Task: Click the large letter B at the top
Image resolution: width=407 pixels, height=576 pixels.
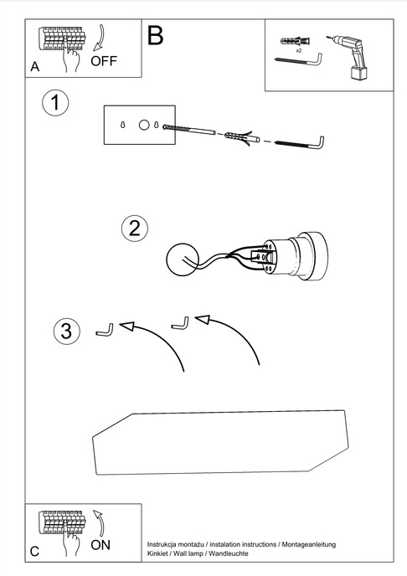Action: coord(156,35)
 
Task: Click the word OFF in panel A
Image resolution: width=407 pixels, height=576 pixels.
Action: coord(105,61)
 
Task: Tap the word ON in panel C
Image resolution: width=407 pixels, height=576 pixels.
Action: coord(100,545)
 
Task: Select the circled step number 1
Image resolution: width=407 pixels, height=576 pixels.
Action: coord(54,104)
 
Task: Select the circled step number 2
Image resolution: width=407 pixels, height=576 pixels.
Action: coord(134,228)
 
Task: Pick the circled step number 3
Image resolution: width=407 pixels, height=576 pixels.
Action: coord(66,331)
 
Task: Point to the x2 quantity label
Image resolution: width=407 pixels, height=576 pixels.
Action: coord(298,50)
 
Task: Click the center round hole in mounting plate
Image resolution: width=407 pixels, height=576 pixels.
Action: coord(143,125)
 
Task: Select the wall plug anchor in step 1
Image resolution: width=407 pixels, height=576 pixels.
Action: coord(240,136)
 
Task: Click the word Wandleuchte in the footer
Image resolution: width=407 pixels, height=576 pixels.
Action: coord(226,554)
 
